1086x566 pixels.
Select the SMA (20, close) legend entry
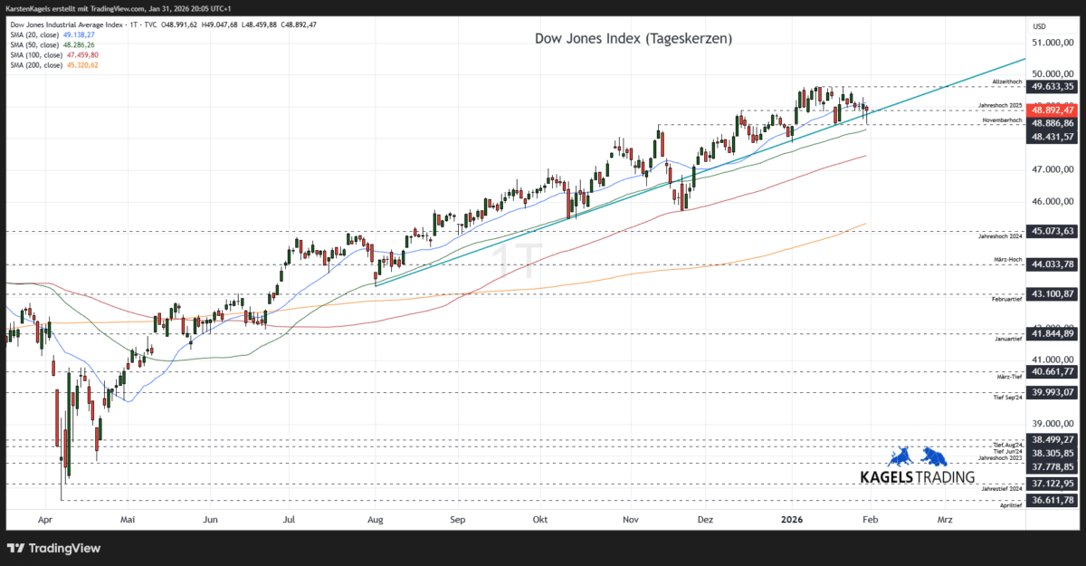click(x=52, y=34)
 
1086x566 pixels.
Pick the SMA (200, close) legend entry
click(x=53, y=65)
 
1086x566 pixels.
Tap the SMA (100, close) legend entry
click(x=53, y=55)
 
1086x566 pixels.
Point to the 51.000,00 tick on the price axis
click(x=1052, y=43)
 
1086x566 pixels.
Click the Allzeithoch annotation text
click(x=1006, y=82)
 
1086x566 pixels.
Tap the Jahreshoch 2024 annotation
click(x=1001, y=237)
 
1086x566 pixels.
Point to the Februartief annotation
click(x=1007, y=298)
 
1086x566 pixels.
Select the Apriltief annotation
click(x=1011, y=506)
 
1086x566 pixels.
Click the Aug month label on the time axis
click(x=376, y=520)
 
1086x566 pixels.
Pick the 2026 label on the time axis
click(x=792, y=520)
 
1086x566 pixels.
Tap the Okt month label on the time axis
click(x=540, y=520)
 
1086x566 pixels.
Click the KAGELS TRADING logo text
click(x=917, y=476)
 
